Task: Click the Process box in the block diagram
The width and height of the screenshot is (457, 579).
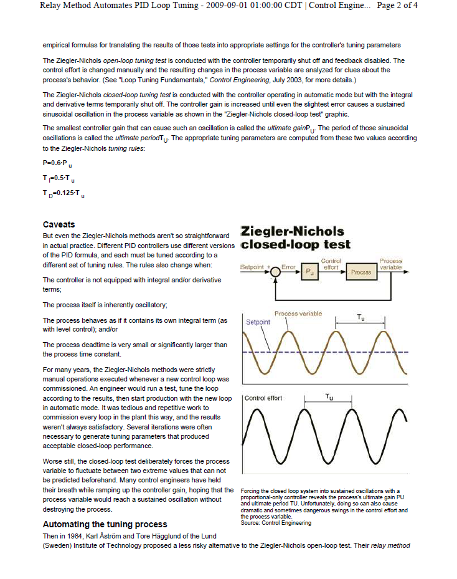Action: coord(361,272)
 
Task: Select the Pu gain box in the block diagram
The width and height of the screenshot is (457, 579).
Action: coord(310,272)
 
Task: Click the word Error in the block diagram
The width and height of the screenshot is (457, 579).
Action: coord(288,267)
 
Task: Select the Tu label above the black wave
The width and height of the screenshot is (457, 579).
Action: coord(329,397)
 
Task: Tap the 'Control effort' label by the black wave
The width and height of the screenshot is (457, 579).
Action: coord(264,398)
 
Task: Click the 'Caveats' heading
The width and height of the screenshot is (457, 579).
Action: coord(59,224)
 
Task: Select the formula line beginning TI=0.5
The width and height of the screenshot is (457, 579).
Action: coord(59,178)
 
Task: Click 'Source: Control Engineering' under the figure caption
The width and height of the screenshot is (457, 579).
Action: coord(276,522)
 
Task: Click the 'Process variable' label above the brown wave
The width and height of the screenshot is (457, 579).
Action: coord(298,313)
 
